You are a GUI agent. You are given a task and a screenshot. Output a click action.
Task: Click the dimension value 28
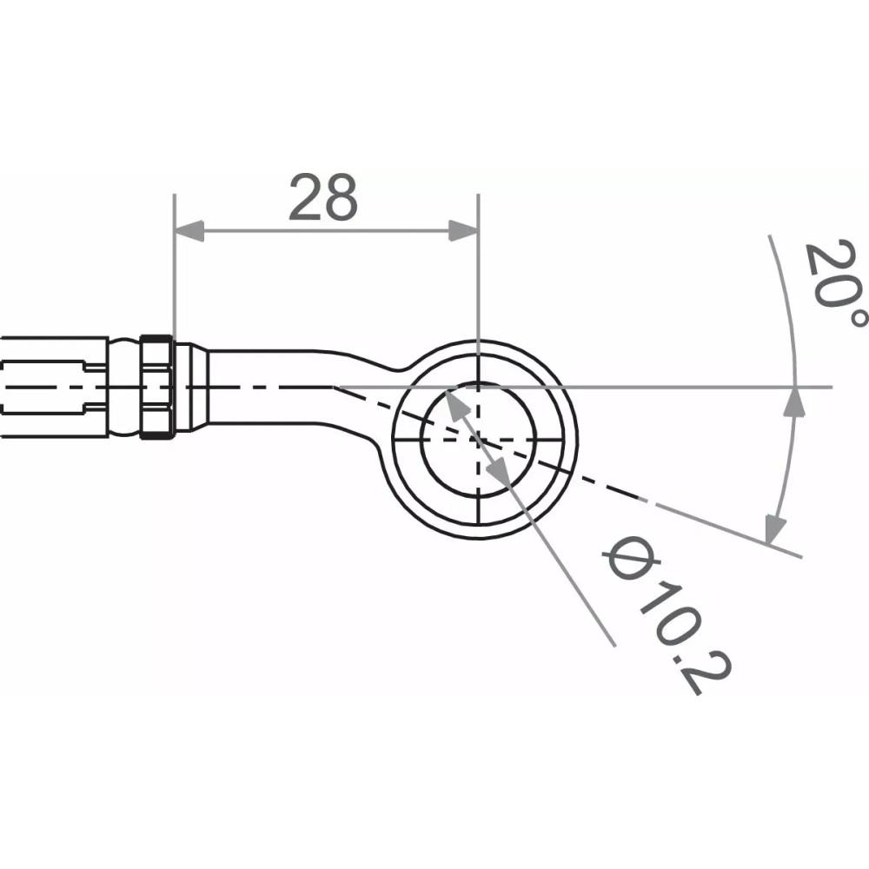tap(322, 197)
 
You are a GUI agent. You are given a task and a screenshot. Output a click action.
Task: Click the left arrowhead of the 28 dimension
tap(189, 230)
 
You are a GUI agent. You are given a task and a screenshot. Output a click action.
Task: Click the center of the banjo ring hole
tap(478, 439)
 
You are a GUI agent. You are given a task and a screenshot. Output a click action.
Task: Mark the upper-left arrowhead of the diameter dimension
tap(454, 402)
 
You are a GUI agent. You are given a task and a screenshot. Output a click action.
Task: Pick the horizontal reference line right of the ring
tap(695, 386)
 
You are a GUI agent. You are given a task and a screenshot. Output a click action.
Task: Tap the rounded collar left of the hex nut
tap(123, 386)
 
